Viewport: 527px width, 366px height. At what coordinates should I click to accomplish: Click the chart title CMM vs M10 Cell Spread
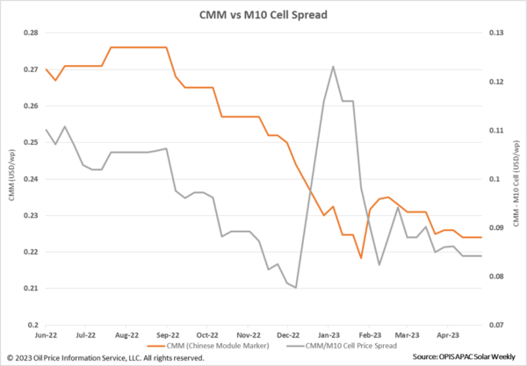[263, 14]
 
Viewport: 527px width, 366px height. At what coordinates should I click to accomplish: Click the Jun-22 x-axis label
[46, 334]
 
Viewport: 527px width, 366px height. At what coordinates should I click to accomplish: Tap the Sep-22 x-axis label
[167, 334]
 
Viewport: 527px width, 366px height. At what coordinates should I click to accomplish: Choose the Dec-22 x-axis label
[288, 334]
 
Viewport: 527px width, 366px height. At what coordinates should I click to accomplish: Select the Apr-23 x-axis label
[450, 334]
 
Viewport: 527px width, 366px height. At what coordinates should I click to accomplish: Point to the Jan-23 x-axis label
[328, 334]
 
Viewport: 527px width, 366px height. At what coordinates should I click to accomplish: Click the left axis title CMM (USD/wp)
[11, 178]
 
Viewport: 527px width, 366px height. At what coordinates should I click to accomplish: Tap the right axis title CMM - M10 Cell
[516, 178]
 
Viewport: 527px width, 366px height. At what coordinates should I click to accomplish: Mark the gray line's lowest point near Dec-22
[296, 287]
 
